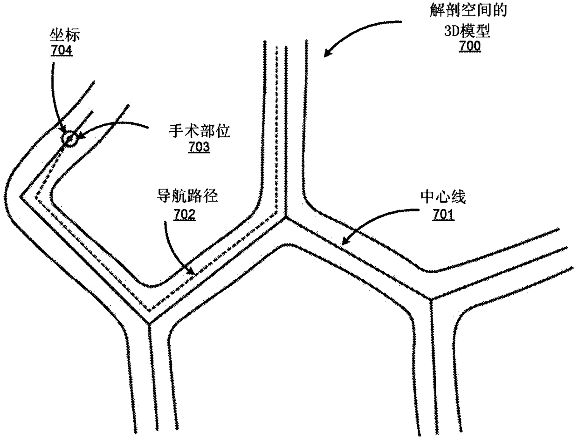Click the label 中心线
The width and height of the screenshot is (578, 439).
[x=443, y=199]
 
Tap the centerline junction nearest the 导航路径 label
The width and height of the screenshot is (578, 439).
[x=149, y=323]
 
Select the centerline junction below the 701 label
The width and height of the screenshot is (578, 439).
[x=430, y=299]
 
